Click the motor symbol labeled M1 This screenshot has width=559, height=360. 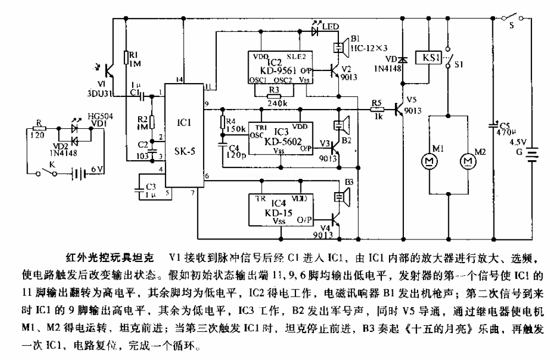428,160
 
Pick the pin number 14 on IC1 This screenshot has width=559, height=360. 178,80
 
